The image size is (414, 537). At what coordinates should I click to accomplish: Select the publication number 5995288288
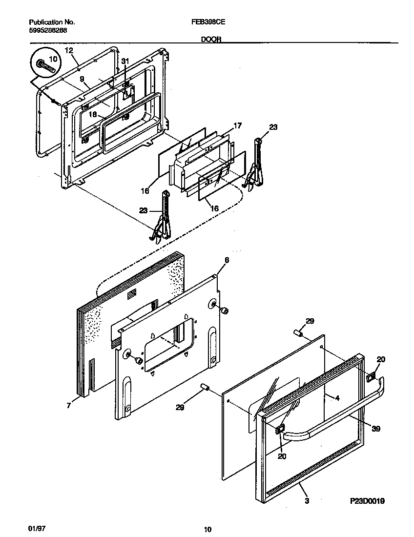(x=48, y=30)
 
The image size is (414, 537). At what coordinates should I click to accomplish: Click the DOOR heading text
(x=211, y=41)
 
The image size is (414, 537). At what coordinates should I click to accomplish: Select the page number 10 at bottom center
(x=207, y=529)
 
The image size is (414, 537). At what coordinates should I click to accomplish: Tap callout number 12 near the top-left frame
(x=68, y=50)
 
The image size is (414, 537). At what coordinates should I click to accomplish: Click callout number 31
(x=125, y=61)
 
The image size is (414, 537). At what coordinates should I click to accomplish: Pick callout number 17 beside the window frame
(x=237, y=125)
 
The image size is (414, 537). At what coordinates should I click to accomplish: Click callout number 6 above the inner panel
(x=227, y=260)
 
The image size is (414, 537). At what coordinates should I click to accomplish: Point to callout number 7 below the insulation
(x=68, y=405)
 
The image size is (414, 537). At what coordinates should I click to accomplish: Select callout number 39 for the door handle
(x=375, y=429)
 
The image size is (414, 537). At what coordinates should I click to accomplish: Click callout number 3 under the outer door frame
(x=306, y=500)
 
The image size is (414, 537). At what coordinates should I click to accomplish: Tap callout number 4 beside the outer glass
(x=336, y=397)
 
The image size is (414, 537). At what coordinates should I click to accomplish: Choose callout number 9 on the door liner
(x=82, y=78)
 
